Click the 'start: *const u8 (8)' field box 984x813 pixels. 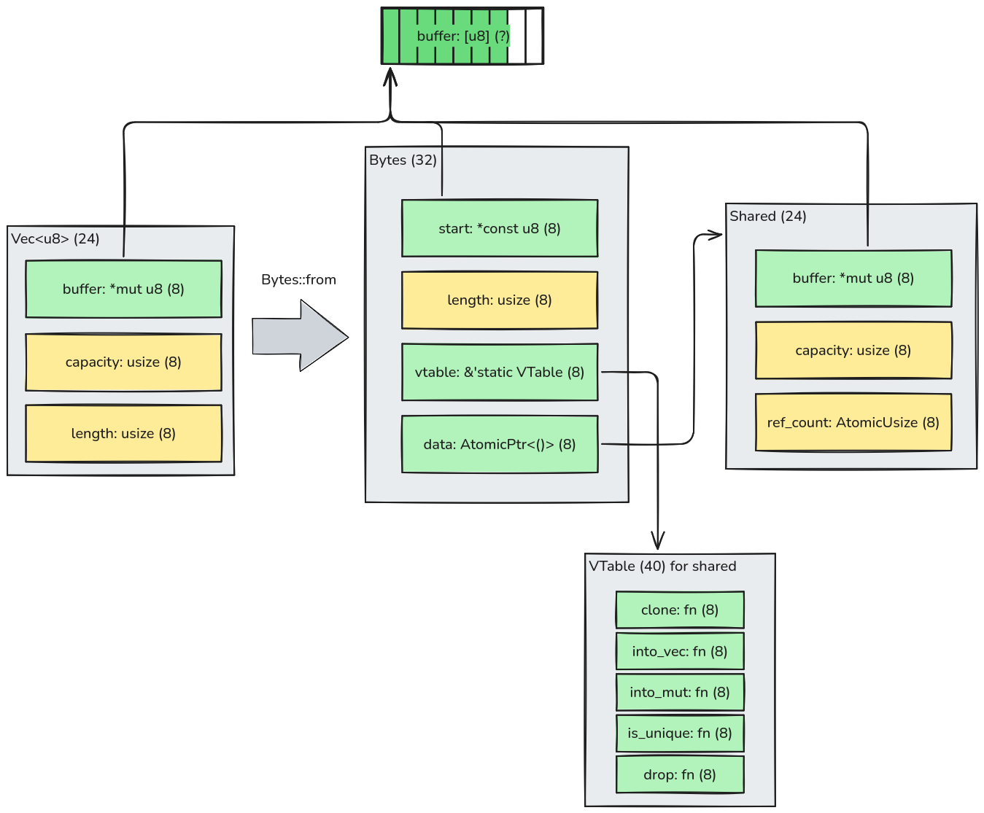tap(500, 228)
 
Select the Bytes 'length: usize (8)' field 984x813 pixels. tap(500, 300)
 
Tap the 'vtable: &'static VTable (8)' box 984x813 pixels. tap(500, 372)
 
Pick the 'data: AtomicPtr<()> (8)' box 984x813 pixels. tap(500, 444)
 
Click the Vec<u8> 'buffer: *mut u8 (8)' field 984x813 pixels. tap(123, 289)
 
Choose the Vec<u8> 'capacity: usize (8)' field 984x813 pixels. tap(123, 362)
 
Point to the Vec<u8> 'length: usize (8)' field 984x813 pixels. tap(123, 434)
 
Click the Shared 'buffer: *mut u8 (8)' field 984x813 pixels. tap(853, 278)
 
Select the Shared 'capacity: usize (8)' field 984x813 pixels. tap(853, 350)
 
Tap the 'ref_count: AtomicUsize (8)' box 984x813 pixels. tap(853, 422)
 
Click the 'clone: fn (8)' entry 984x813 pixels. tap(680, 610)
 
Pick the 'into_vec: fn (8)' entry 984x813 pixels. tap(680, 651)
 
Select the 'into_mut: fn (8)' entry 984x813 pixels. tap(680, 692)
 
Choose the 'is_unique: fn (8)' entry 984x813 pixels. tap(680, 733)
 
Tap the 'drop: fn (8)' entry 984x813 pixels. tap(680, 774)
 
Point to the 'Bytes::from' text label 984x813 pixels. tap(298, 280)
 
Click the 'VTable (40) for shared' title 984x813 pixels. tap(662, 567)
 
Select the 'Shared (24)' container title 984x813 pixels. tap(768, 217)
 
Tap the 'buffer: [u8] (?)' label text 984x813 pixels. tap(463, 36)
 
